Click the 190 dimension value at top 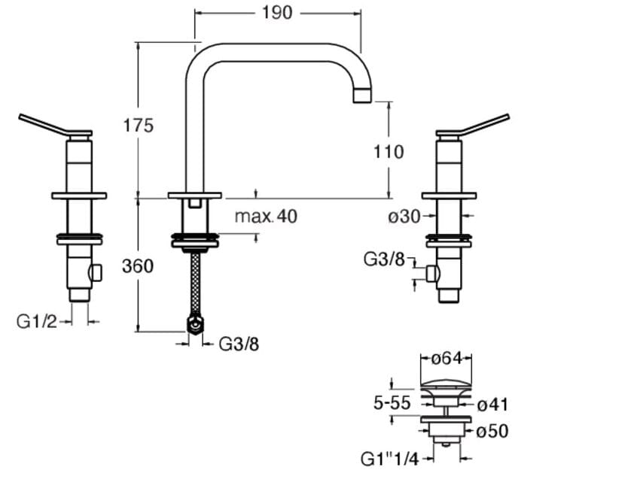coord(276,14)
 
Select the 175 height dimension coord(139,125)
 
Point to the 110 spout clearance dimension coord(389,152)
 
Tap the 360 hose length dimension coord(138,265)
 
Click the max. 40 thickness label coord(266,217)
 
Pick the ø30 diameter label coord(404,217)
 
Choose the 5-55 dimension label coord(392,403)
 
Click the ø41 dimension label coord(493,405)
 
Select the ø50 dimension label coord(493,432)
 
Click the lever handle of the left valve coord(49,125)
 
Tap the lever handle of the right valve coord(479,125)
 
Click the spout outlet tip coord(363,95)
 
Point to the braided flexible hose coord(196,283)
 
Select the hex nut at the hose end coord(195,325)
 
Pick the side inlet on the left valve coord(96,272)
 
